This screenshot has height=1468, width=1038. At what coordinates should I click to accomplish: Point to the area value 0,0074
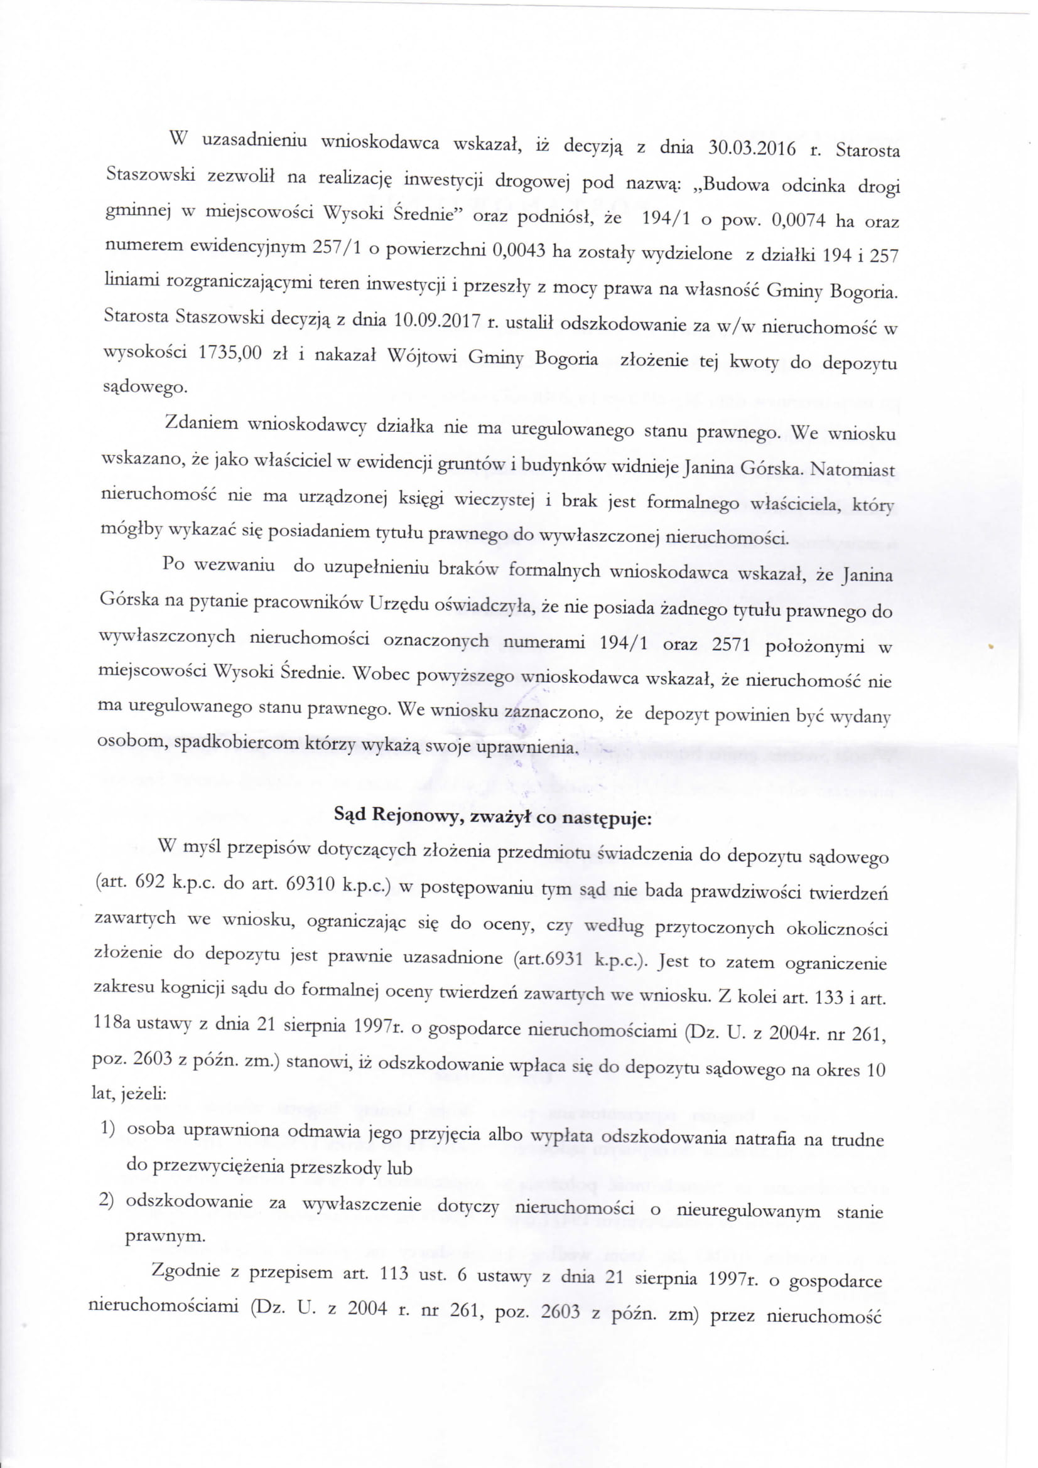799,220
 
